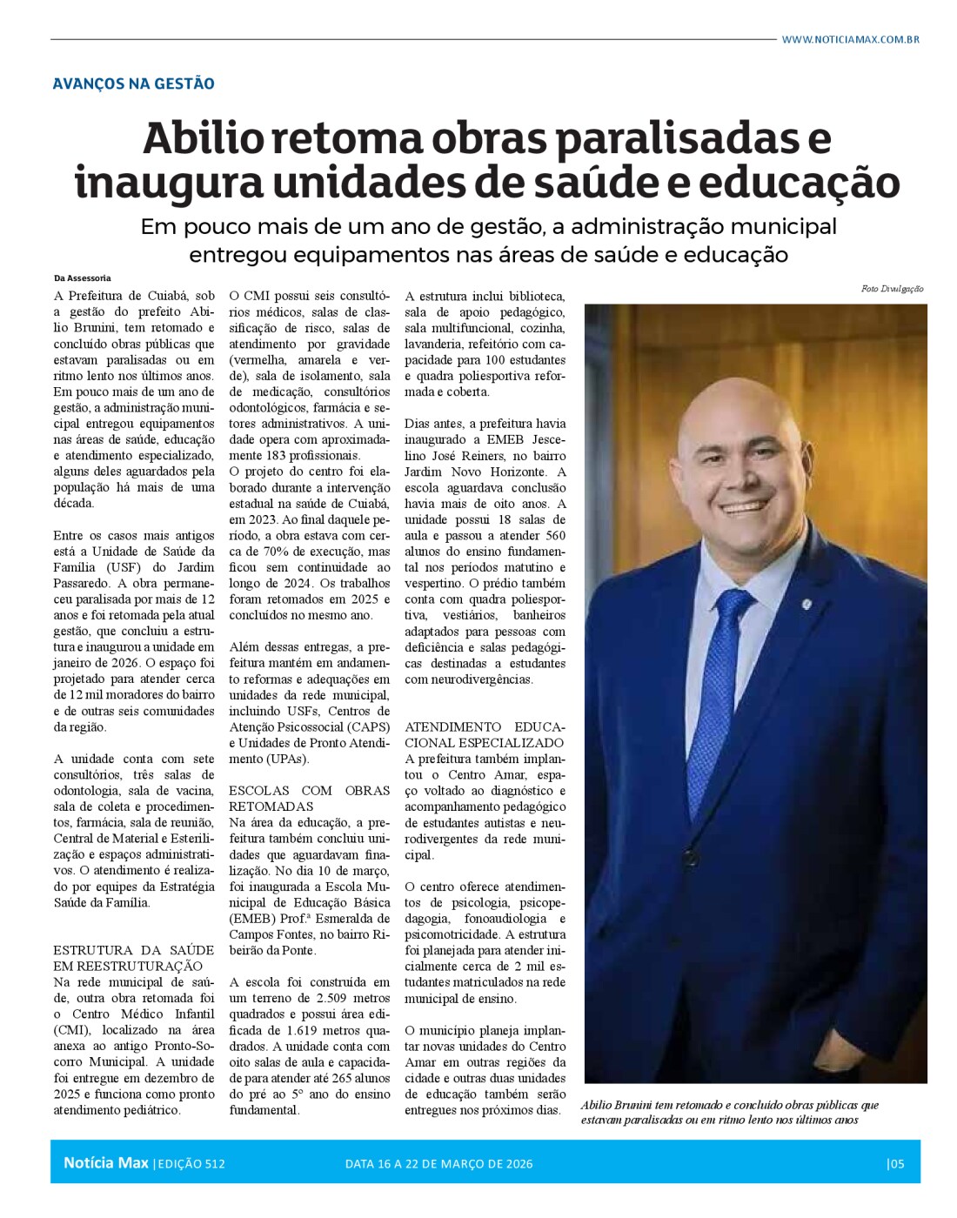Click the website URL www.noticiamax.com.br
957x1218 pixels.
(x=849, y=39)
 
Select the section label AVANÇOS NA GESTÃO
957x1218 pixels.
(x=133, y=84)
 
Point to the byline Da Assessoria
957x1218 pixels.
(x=82, y=278)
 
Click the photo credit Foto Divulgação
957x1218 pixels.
(x=892, y=289)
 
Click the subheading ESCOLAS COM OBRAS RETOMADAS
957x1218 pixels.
(x=309, y=798)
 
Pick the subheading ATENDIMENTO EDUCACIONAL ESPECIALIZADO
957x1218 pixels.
(x=485, y=734)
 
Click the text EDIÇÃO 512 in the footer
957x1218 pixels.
(x=191, y=1163)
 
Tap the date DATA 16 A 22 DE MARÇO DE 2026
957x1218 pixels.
(x=438, y=1163)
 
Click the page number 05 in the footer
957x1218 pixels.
(x=896, y=1163)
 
